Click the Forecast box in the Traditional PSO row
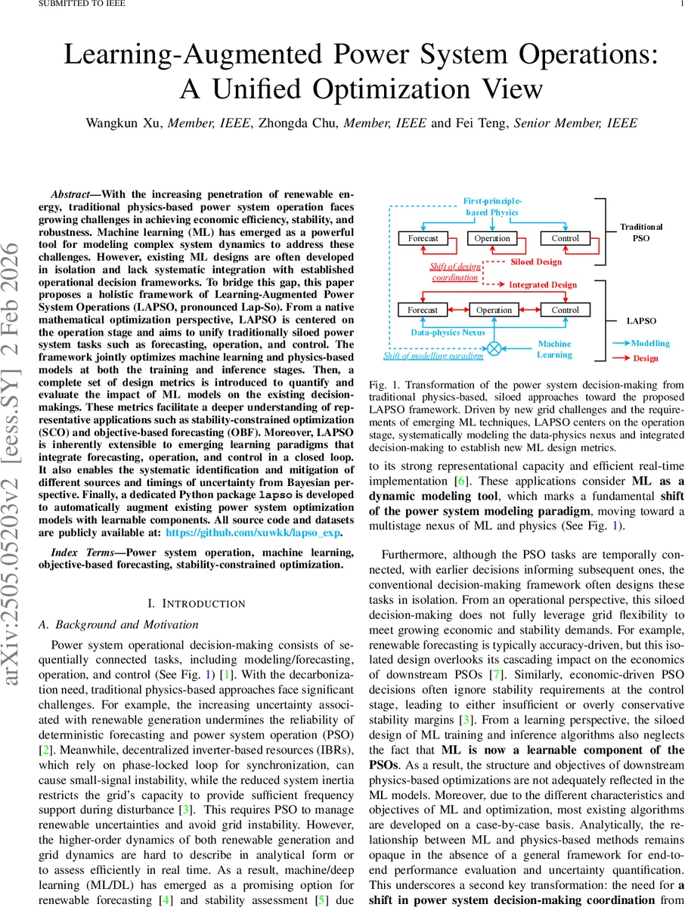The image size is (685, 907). (423, 238)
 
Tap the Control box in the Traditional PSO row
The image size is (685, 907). (565, 238)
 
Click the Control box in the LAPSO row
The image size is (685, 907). (565, 310)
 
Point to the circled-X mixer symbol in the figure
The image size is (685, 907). (494, 348)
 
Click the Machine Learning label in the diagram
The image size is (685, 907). (554, 349)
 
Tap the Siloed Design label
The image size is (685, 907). (536, 262)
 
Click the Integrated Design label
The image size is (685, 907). (542, 285)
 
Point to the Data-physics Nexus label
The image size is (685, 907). (448, 332)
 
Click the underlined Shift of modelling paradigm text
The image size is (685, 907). (433, 355)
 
